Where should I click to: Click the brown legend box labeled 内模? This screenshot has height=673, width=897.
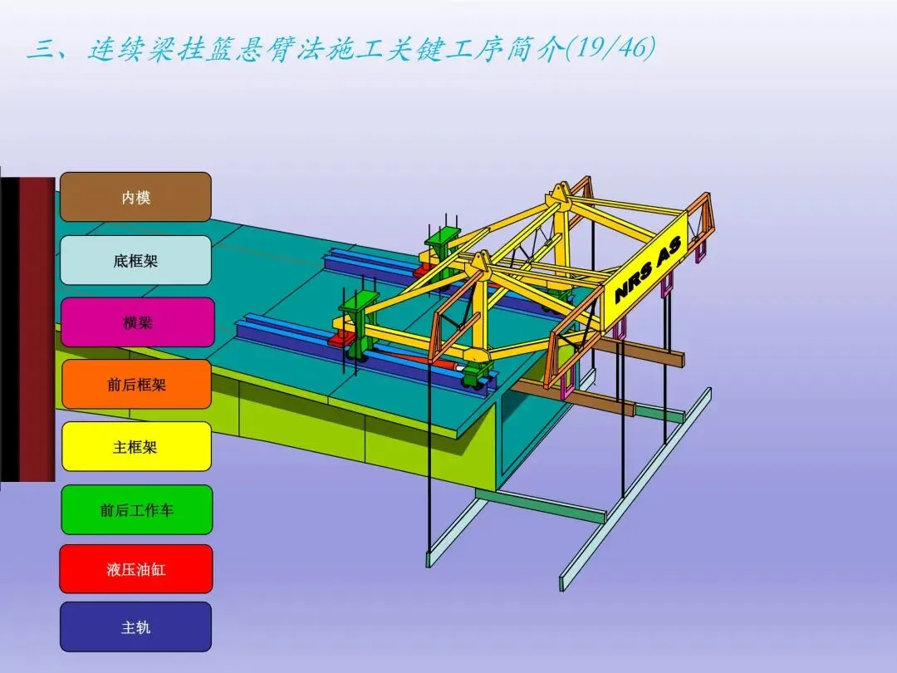pos(135,197)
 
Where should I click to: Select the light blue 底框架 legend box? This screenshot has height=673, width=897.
pos(135,260)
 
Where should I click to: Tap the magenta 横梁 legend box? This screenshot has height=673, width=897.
pos(137,322)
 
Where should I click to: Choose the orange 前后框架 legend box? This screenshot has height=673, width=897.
pos(136,384)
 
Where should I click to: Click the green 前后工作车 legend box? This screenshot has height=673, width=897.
pos(137,509)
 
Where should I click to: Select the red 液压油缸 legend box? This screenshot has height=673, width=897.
pos(136,569)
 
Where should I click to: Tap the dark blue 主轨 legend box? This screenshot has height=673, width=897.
pos(135,627)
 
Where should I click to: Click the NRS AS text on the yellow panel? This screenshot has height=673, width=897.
pos(649,270)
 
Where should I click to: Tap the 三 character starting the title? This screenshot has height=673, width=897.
pos(40,50)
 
